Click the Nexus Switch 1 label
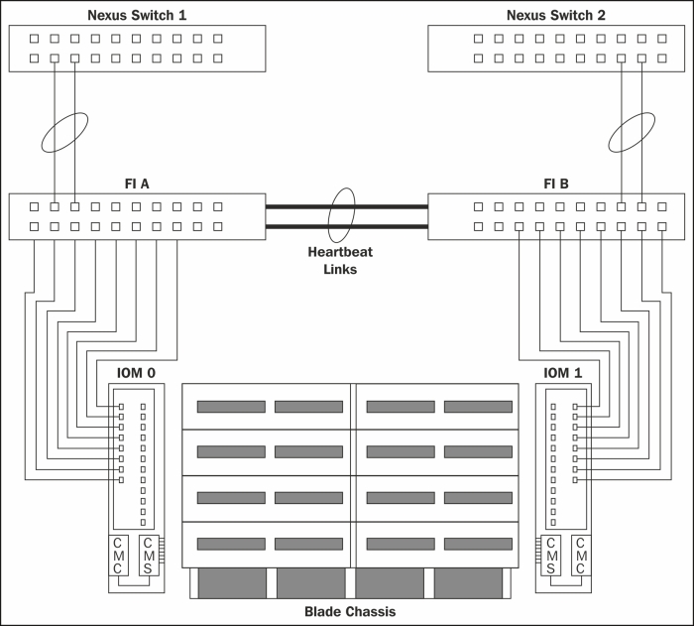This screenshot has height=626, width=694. pyautogui.click(x=137, y=15)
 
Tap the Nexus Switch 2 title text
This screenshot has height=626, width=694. pyautogui.click(x=556, y=15)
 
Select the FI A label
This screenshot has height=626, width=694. pyautogui.click(x=137, y=184)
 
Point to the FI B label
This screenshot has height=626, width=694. pyautogui.click(x=556, y=184)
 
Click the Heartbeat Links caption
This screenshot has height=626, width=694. pyautogui.click(x=340, y=261)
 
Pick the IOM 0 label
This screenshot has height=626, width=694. pyautogui.click(x=136, y=373)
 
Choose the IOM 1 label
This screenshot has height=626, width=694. pyautogui.click(x=562, y=373)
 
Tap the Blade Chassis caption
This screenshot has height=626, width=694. pyautogui.click(x=350, y=612)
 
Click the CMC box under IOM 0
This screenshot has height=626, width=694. pyautogui.click(x=118, y=556)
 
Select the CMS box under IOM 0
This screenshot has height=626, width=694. pyautogui.click(x=149, y=556)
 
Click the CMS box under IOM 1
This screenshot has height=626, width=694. pyautogui.click(x=550, y=556)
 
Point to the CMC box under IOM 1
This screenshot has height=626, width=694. pyautogui.click(x=581, y=556)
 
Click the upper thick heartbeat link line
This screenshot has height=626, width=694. pyautogui.click(x=347, y=206)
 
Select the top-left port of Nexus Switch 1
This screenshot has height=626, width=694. pyautogui.click(x=34, y=39)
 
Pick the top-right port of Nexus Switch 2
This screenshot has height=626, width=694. pyautogui.click(x=662, y=39)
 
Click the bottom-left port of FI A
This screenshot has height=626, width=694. pyautogui.click(x=34, y=226)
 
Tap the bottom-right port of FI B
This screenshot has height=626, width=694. pyautogui.click(x=662, y=226)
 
